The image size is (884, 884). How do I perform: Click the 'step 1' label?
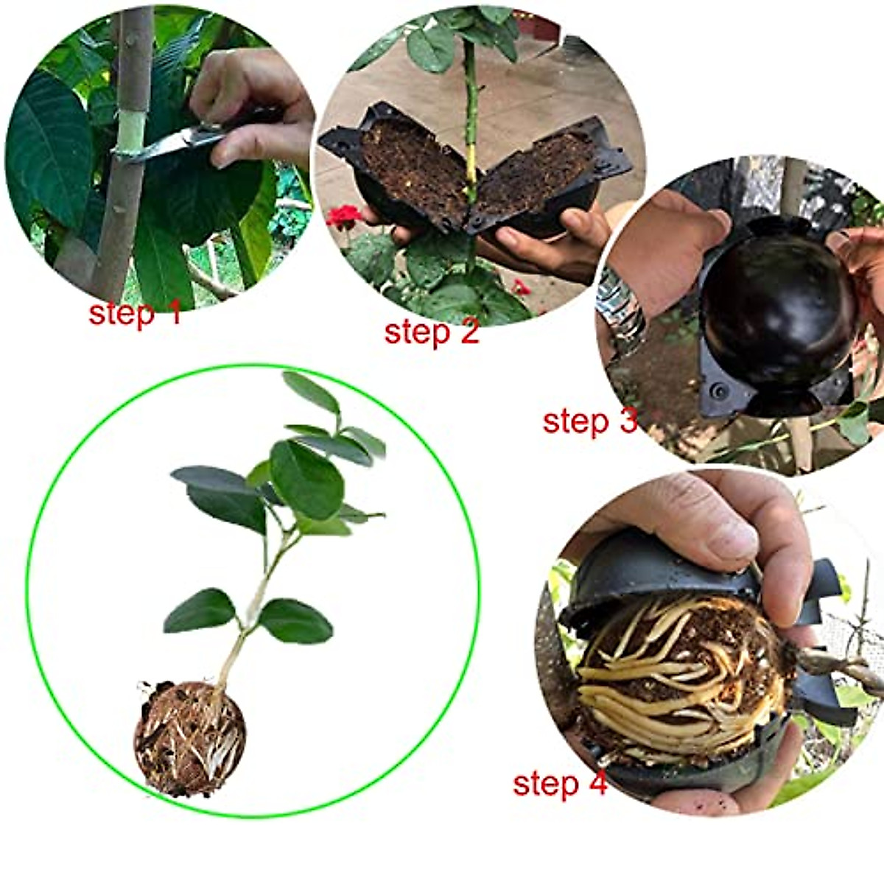pyautogui.click(x=134, y=313)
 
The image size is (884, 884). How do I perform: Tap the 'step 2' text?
pyautogui.click(x=431, y=331)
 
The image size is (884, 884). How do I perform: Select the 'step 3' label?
pyautogui.click(x=589, y=421)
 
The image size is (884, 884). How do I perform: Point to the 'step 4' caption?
pyautogui.click(x=560, y=783)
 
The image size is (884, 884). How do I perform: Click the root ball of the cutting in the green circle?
pyautogui.click(x=189, y=739)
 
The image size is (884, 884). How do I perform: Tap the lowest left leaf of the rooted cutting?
pyautogui.click(x=199, y=611)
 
